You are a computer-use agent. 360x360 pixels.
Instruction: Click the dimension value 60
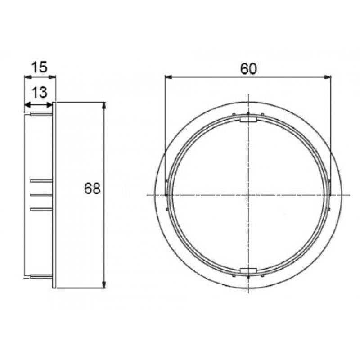(x=248, y=68)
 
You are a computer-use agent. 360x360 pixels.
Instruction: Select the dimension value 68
(x=92, y=188)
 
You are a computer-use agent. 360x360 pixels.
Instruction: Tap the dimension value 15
(x=40, y=67)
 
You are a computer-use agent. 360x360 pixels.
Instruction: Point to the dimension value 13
(x=40, y=93)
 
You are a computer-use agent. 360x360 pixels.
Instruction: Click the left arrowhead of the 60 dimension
(x=168, y=77)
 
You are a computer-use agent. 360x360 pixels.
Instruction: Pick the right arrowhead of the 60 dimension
(x=329, y=77)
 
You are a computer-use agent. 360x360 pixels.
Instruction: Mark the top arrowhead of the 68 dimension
(x=104, y=105)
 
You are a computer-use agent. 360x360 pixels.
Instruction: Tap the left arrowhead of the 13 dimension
(x=27, y=105)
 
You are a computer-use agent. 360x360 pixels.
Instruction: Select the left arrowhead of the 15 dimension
(x=26, y=77)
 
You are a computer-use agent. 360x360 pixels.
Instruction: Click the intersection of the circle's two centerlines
(x=248, y=195)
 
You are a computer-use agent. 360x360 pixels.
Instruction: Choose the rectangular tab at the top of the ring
(x=248, y=120)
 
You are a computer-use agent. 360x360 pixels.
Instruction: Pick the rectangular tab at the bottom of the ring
(x=248, y=270)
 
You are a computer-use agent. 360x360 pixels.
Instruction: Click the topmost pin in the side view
(x=41, y=114)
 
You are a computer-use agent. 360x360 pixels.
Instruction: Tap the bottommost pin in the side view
(x=41, y=275)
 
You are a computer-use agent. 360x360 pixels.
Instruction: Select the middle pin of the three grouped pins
(x=41, y=195)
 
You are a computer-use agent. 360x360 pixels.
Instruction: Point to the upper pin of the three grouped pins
(x=41, y=180)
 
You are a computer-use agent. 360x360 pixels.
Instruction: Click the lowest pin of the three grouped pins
(x=41, y=209)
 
